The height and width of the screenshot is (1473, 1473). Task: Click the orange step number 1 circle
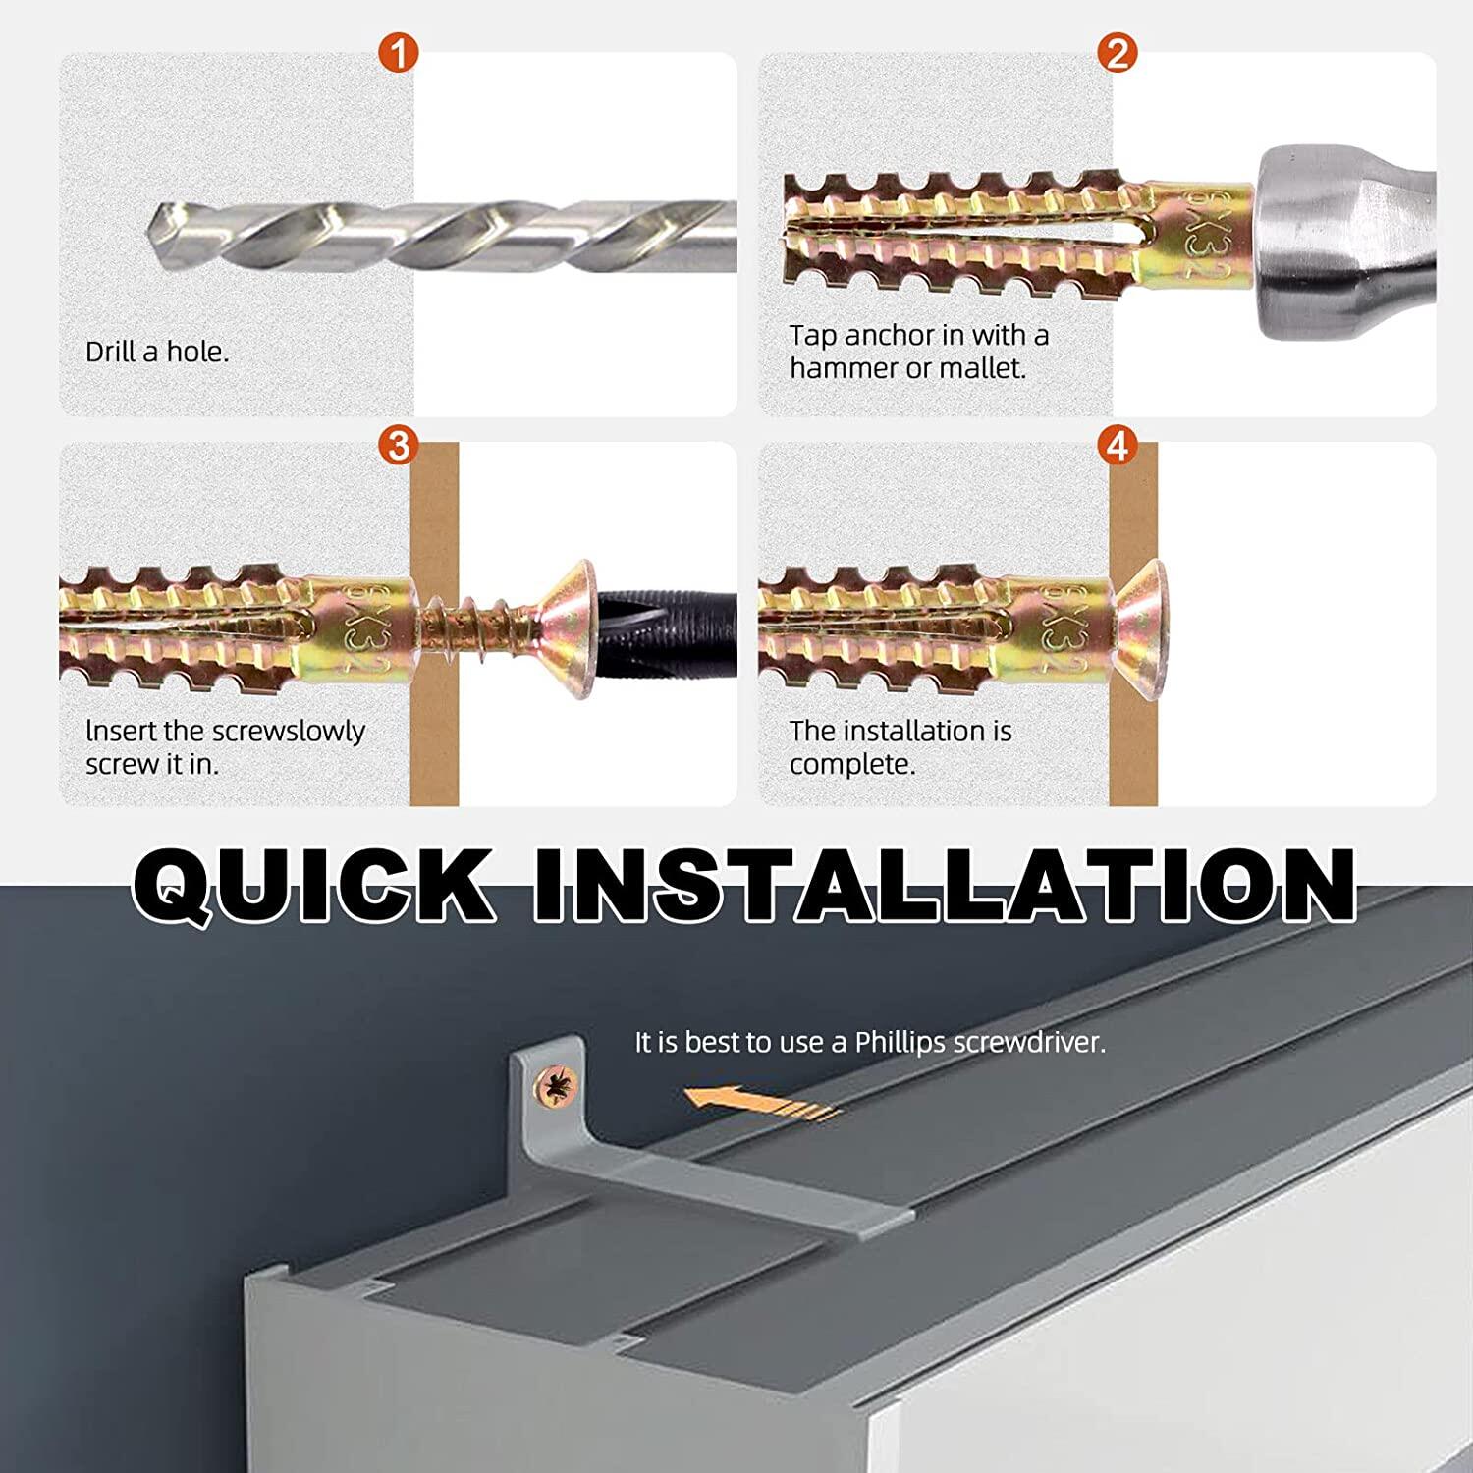(x=398, y=52)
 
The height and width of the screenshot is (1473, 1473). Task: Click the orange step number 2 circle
(x=1117, y=52)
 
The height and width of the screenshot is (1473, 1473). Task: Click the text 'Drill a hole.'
(x=157, y=352)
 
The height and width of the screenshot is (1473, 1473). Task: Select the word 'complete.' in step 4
(x=851, y=764)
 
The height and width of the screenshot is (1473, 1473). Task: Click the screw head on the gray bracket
(x=556, y=1087)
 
